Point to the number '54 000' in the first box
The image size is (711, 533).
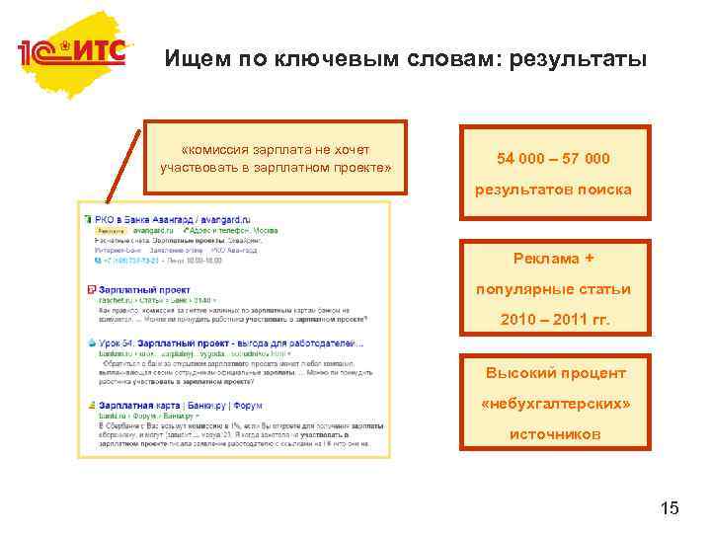pyautogui.click(x=521, y=158)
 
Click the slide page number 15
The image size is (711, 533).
pyautogui.click(x=669, y=507)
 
